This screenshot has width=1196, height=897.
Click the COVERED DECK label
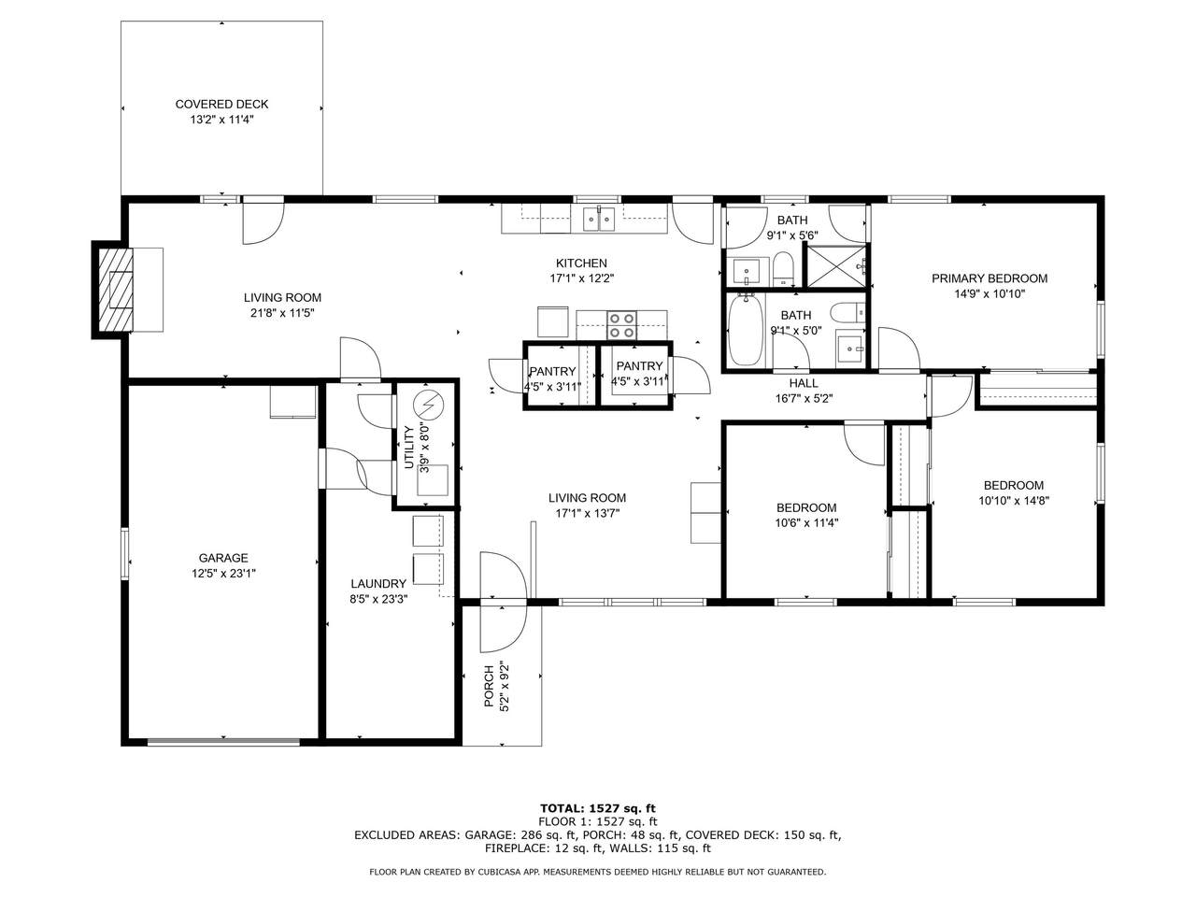click(x=221, y=104)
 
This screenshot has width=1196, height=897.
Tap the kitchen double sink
click(x=599, y=219)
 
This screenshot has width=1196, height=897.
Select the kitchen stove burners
click(x=621, y=324)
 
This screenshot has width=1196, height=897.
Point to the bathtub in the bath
click(x=746, y=330)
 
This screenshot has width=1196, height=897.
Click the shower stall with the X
click(x=835, y=266)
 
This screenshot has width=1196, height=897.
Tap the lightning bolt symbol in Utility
click(x=428, y=405)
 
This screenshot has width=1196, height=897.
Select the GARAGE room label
click(x=223, y=558)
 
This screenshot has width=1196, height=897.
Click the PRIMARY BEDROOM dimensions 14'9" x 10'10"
click(x=989, y=294)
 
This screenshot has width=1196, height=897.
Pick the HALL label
click(x=804, y=383)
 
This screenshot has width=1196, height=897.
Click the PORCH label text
click(x=489, y=686)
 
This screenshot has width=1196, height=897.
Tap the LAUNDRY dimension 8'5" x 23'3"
click(x=378, y=600)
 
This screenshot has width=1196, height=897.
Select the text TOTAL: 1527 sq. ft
click(x=598, y=808)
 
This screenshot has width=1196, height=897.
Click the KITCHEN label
click(x=581, y=263)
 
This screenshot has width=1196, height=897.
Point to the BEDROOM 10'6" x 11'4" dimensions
click(x=806, y=523)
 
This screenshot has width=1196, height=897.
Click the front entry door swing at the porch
click(x=504, y=602)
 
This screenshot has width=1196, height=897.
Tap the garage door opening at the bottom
click(x=223, y=741)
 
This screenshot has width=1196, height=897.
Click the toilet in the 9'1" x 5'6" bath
click(x=784, y=269)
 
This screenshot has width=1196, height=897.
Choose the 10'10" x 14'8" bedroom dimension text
click(x=1014, y=501)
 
